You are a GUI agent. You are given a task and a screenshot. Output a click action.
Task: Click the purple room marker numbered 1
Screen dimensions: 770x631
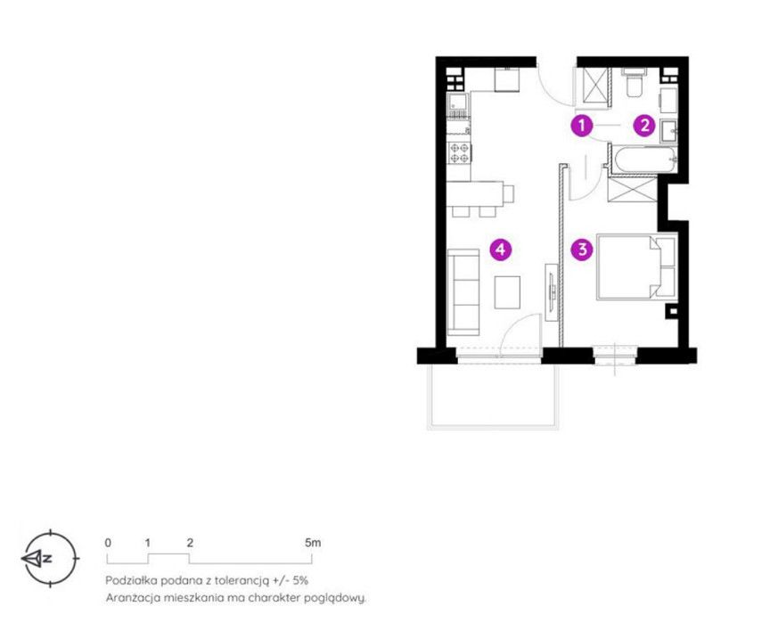[x=582, y=126]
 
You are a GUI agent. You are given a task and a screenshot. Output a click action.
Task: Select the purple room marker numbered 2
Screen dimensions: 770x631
[x=644, y=126]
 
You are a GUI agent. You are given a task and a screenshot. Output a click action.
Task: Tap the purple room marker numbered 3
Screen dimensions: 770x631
[x=582, y=249]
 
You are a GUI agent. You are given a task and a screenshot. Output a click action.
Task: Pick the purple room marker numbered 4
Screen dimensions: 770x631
[x=500, y=249]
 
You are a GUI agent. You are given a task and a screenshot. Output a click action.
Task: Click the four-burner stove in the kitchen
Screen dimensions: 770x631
[x=459, y=152]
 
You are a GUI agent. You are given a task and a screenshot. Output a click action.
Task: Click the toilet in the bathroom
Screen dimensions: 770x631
[x=634, y=83]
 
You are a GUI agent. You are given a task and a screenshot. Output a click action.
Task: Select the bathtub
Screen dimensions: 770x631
[x=643, y=160]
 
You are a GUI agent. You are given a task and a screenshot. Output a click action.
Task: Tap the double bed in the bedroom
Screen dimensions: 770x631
[x=637, y=266]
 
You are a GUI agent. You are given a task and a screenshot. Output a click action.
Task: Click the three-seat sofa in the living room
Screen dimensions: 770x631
[x=463, y=292]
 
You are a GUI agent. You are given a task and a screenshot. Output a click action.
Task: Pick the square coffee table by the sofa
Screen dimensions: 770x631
[x=507, y=292]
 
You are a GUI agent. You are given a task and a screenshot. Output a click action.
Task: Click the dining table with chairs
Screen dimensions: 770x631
[x=479, y=197]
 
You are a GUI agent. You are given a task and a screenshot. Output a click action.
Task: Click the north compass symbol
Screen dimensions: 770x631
[x=50, y=558]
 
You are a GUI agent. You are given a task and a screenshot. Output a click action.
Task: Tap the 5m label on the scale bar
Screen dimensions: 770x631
[x=313, y=543]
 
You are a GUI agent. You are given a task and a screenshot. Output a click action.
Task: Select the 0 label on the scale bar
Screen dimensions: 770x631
[x=108, y=543]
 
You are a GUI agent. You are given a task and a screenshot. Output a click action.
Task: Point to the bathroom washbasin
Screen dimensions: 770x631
[x=668, y=131]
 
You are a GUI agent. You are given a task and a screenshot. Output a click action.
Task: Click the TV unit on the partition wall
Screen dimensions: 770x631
[x=552, y=292]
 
